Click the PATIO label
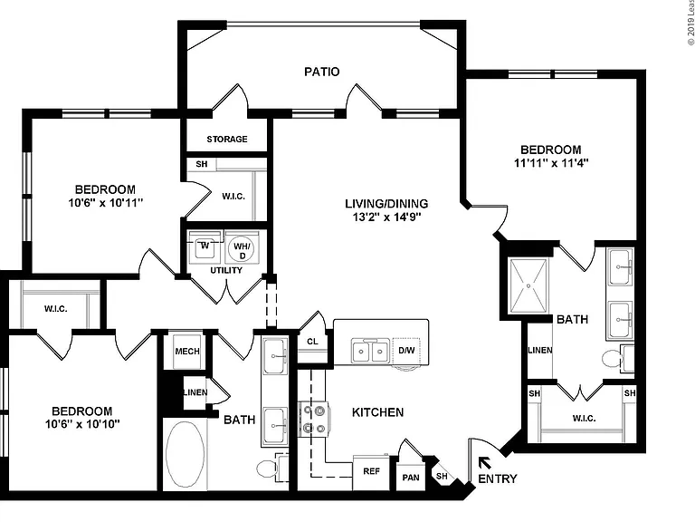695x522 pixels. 322,72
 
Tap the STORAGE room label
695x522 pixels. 227,139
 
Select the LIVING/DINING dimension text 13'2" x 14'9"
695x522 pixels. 383,217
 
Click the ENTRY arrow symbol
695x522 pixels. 484,462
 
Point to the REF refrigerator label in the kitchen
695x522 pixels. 371,471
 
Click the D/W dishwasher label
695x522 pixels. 406,350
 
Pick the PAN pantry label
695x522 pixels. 411,478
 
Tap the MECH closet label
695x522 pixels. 187,351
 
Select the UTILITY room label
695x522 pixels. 226,270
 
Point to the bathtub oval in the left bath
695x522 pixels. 185,454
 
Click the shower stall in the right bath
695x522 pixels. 528,285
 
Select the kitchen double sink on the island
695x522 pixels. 369,352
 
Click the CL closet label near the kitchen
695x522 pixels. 312,342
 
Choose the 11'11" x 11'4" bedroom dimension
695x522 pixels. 551,163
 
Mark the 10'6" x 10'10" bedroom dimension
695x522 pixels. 82,424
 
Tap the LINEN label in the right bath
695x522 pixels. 540,350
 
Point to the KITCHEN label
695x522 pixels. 377,412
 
